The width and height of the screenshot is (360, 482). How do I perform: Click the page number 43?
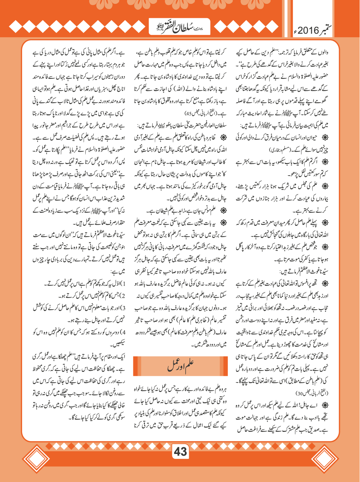tap(180, 452)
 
